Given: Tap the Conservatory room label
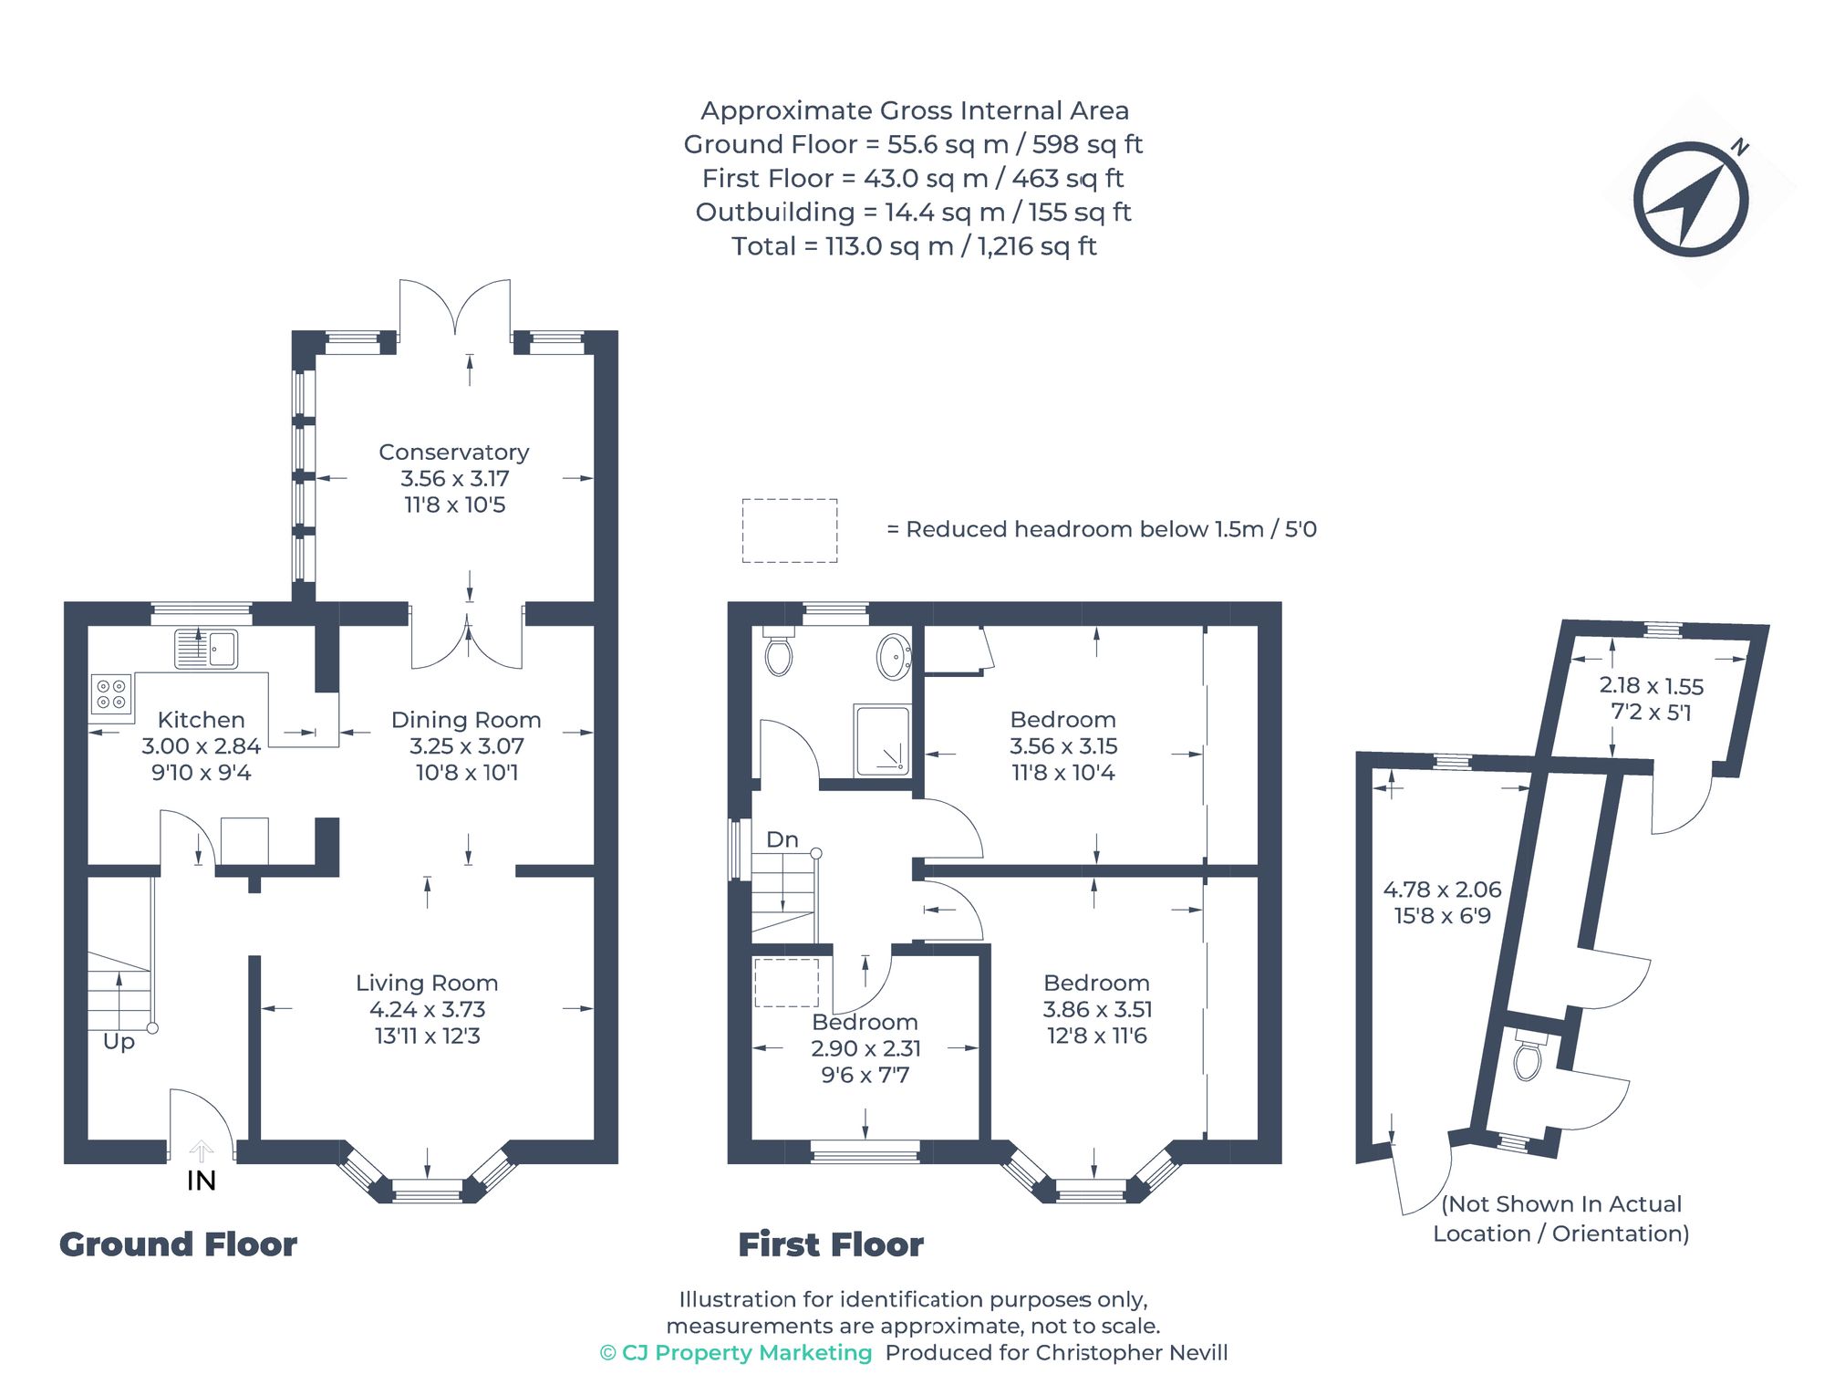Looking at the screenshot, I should point(453,453).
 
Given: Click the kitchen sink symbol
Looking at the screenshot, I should point(206,649).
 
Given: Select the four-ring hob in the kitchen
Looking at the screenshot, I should point(111,693).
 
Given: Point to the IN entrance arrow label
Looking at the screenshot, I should point(201,1181).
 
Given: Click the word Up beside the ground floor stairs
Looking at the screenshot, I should point(119,1041).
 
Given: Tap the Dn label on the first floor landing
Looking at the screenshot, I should point(782,839).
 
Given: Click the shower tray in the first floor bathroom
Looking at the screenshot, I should point(882,740).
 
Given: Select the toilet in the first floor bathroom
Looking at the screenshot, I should point(778,653).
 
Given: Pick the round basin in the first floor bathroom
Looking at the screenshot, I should point(894,656).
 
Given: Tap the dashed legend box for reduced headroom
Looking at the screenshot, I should point(789,530).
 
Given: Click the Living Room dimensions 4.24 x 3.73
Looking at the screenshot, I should point(427,1009).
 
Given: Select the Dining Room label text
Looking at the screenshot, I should point(466,720).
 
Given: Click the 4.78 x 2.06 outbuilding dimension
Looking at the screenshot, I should point(1442,890).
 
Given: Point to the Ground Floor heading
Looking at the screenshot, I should point(178,1244).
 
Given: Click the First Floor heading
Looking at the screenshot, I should point(830,1244).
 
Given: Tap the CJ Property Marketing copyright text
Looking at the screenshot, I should point(736,1352).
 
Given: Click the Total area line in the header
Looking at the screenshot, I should point(914,246).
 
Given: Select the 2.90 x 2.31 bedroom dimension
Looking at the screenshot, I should point(865,1048).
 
